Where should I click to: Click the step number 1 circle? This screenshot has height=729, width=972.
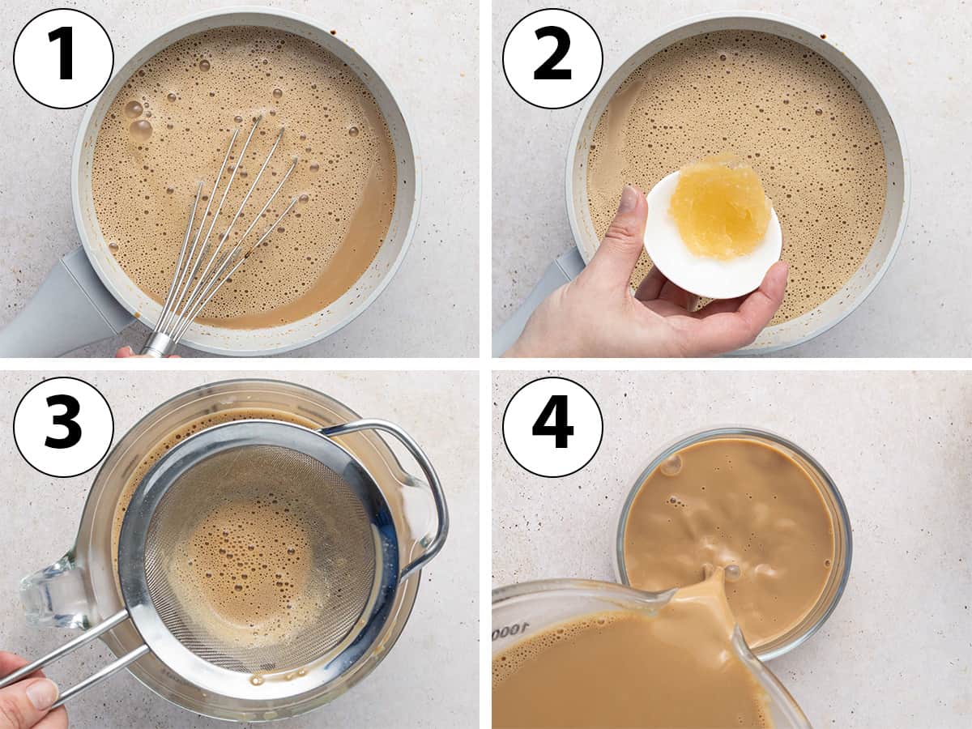click(x=63, y=58)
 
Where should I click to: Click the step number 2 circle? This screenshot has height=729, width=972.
click(x=552, y=58)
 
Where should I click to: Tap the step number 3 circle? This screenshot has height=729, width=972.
click(x=63, y=426)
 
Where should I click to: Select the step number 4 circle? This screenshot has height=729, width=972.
click(x=552, y=426)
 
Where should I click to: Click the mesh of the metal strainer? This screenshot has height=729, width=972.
click(x=262, y=558)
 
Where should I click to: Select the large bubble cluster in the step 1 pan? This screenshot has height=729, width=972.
click(x=139, y=121)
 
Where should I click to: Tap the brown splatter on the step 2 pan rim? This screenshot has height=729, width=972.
click(x=824, y=36)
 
